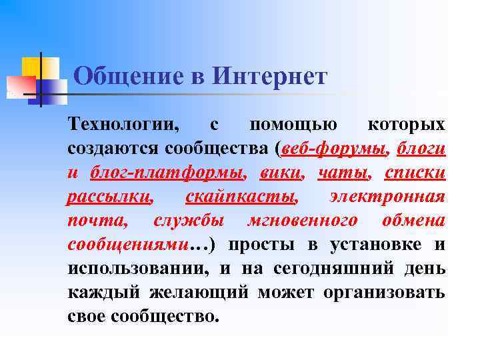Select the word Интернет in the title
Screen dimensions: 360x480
(270, 76)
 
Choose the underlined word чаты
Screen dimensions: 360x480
(342, 173)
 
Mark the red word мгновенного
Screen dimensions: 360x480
(302, 220)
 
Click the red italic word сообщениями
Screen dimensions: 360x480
(127, 244)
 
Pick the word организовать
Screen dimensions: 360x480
(385, 292)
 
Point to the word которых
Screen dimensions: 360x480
(406, 125)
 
